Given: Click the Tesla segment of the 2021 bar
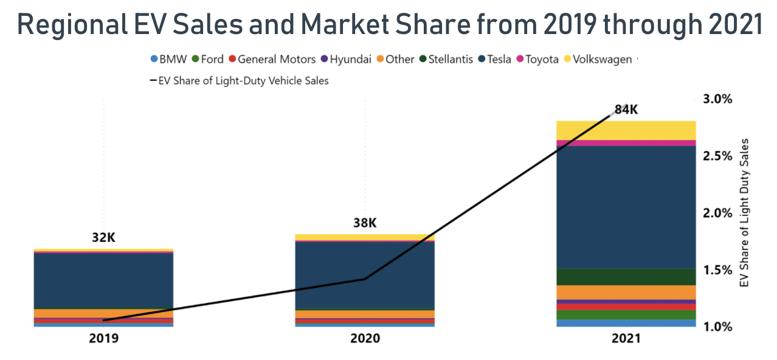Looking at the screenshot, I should (x=626, y=207).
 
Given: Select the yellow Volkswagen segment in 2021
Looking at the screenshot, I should (x=626, y=130).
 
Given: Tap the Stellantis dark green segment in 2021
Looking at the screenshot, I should (x=626, y=277).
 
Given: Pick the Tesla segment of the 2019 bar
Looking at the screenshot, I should (x=103, y=280).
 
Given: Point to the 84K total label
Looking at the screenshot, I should (x=626, y=110).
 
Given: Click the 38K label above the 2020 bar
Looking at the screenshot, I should (x=365, y=223).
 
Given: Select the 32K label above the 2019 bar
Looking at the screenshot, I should (x=103, y=238).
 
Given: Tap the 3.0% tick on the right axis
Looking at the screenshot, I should (x=718, y=99).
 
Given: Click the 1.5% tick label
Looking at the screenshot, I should (x=718, y=270).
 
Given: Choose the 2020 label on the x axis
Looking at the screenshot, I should (x=365, y=338).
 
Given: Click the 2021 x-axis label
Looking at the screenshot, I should (x=626, y=338).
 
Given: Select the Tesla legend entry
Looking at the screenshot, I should (x=495, y=60).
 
